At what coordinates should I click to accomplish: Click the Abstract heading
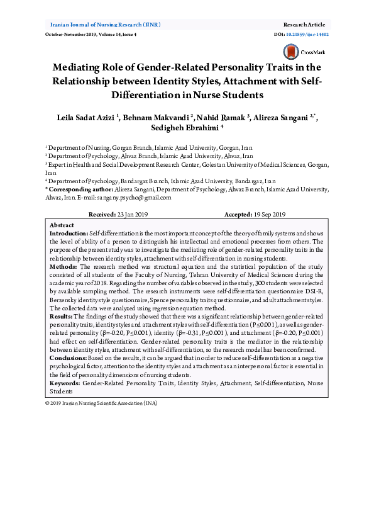coord(62,225)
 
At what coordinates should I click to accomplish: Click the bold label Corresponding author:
coord(79,189)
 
